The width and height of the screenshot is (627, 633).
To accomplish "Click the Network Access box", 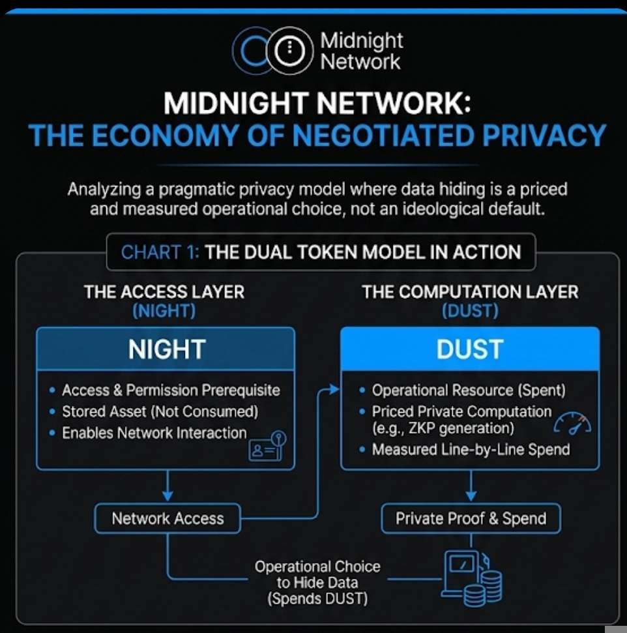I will [x=168, y=519].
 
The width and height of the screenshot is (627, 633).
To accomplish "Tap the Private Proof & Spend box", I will [x=471, y=519].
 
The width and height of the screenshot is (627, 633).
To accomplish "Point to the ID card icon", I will [x=268, y=445].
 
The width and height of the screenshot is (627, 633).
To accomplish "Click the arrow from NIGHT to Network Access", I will [x=168, y=486].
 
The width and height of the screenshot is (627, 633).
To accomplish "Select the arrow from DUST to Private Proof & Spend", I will [x=470, y=486].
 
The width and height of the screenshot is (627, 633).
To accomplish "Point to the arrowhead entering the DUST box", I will [x=334, y=390].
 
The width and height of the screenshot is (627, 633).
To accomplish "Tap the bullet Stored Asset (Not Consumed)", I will [x=160, y=411].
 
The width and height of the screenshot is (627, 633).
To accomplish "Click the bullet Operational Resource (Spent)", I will [x=468, y=390].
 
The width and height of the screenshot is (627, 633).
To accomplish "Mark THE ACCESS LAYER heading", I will [x=164, y=291].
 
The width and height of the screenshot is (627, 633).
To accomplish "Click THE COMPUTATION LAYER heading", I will [x=470, y=291].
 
